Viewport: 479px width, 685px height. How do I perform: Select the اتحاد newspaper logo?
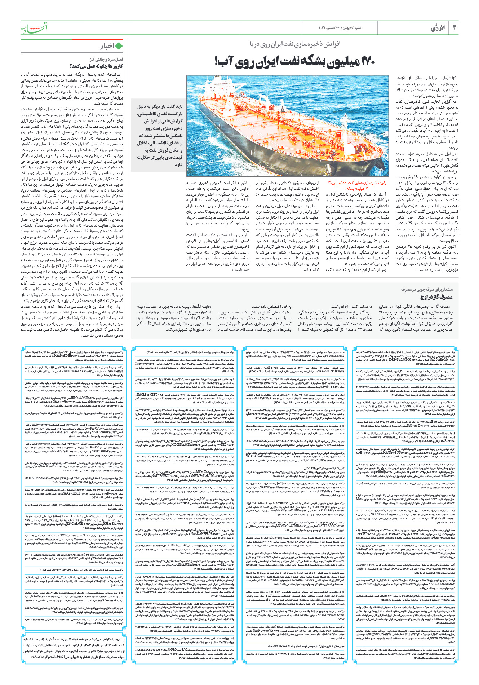click(34, 28)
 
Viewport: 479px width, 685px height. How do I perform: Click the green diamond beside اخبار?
click(119, 46)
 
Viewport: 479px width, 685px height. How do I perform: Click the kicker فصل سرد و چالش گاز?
click(106, 59)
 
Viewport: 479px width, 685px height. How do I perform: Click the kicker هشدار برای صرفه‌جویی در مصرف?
click(427, 289)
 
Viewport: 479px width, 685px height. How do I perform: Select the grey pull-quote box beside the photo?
click(159, 135)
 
